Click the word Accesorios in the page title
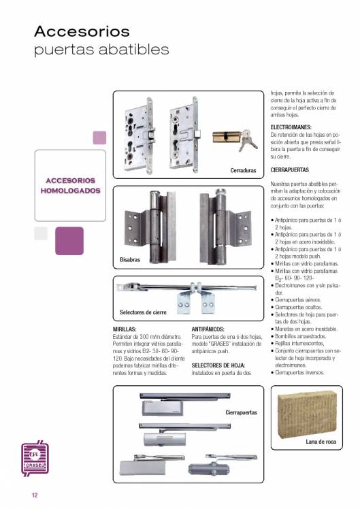click(82, 31)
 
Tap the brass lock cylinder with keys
click(235, 139)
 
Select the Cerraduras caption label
click(243, 170)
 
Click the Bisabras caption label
click(130, 260)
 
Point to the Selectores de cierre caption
click(143, 312)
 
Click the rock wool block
click(307, 414)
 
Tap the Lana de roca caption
click(321, 442)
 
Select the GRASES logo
click(35, 459)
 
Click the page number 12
click(35, 495)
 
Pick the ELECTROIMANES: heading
click(291, 127)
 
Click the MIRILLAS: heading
click(125, 329)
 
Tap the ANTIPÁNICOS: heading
click(208, 329)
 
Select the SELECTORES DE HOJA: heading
click(218, 365)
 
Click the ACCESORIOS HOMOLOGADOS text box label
click(71, 185)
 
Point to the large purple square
click(69, 241)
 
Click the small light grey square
click(41, 233)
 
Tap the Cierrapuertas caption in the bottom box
click(241, 412)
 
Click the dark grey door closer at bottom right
click(209, 469)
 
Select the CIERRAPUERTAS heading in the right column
click(289, 169)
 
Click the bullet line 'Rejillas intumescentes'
click(297, 344)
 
